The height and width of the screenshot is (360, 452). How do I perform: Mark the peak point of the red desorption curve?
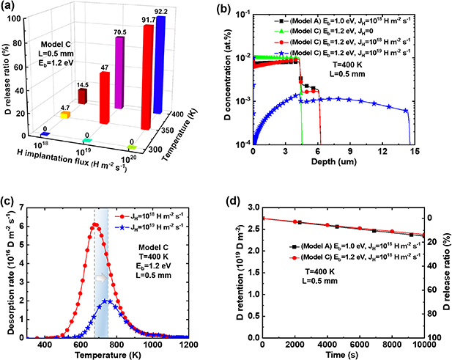tap(95, 225)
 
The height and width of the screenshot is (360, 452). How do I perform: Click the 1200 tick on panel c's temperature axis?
tap(188, 345)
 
